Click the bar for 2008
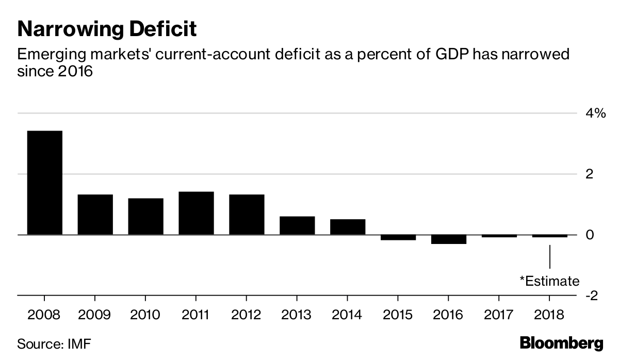(x=44, y=183)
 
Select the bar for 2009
(x=95, y=215)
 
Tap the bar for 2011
(x=196, y=213)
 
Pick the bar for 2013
(x=297, y=225)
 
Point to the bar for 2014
(x=348, y=227)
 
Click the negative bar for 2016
(x=449, y=239)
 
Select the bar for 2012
(x=247, y=215)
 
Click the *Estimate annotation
(x=549, y=281)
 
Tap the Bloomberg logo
(x=561, y=343)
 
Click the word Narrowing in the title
(x=69, y=29)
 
